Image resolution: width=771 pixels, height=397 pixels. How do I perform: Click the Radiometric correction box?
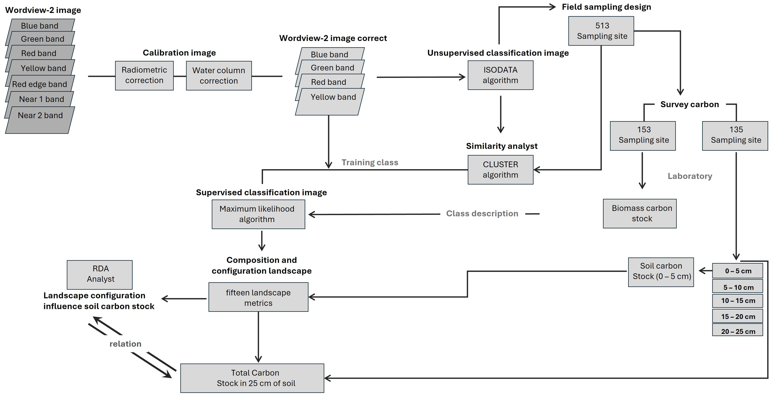[144, 75]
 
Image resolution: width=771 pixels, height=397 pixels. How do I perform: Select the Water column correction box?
[219, 76]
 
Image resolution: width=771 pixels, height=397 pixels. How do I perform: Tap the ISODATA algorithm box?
[500, 75]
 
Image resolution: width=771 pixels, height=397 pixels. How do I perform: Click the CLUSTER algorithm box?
[500, 169]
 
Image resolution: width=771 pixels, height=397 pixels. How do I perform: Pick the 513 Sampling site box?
[601, 31]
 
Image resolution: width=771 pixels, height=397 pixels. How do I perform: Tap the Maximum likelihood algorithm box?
[258, 214]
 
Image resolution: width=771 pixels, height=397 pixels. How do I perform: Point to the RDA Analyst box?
[100, 274]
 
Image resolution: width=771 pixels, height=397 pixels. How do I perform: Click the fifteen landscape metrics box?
[258, 297]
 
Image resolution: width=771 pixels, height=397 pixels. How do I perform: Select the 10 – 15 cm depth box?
[737, 301]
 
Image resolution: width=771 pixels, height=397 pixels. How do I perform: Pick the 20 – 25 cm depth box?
[737, 331]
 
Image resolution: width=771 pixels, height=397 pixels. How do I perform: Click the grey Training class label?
[369, 162]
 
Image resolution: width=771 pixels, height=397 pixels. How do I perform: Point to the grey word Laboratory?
[690, 176]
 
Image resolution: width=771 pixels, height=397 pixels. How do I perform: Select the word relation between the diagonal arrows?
[125, 344]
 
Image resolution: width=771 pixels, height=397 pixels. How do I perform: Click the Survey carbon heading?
[689, 104]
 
